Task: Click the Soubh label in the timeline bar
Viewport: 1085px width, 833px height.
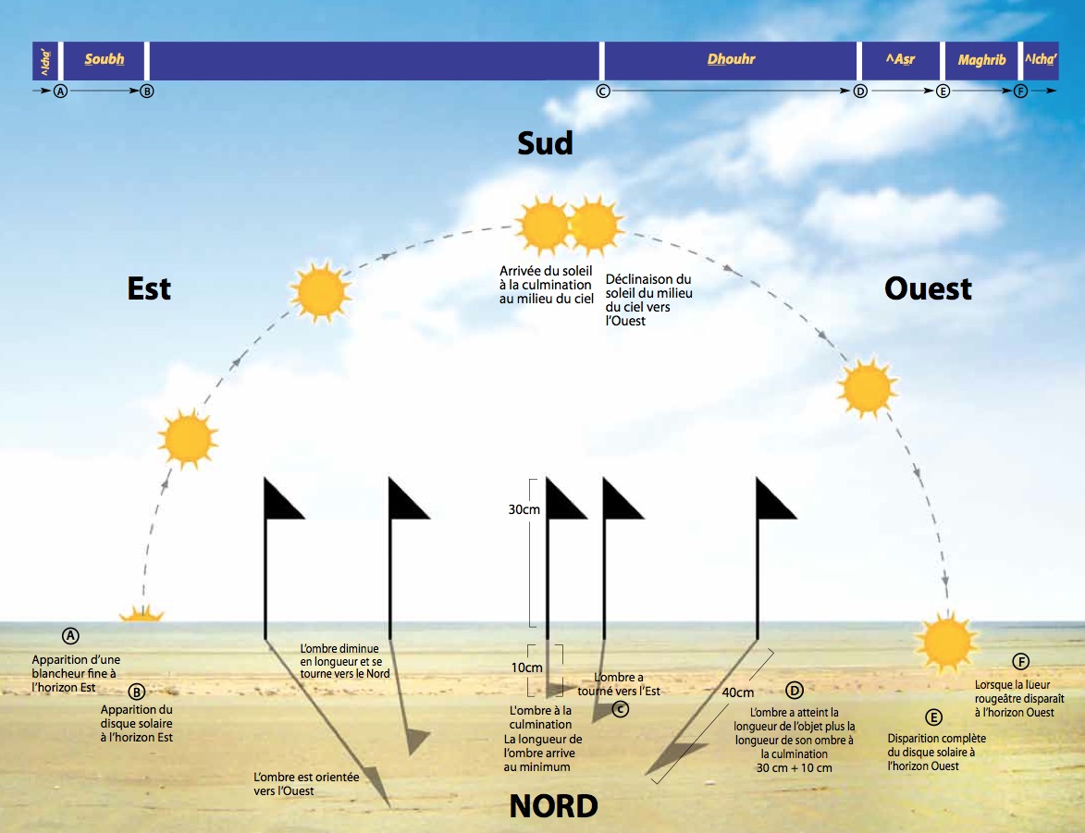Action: (x=104, y=60)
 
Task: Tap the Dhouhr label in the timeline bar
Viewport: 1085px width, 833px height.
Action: (x=731, y=60)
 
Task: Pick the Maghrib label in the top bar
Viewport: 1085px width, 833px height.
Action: (x=981, y=60)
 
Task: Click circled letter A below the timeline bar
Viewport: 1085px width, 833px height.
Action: (x=61, y=92)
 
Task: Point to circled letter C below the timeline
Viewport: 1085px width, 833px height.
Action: (x=603, y=92)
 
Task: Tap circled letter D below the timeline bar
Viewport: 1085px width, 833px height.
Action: (x=860, y=92)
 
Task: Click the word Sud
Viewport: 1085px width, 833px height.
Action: (x=545, y=143)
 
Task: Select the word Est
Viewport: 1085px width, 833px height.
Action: (x=149, y=288)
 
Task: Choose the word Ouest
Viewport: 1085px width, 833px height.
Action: (x=928, y=288)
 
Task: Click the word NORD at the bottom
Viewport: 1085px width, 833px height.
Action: (x=553, y=806)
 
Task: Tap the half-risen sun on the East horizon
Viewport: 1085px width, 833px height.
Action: (x=142, y=613)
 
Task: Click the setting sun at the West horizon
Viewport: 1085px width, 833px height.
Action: (x=945, y=640)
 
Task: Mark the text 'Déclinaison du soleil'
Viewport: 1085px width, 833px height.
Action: (x=648, y=286)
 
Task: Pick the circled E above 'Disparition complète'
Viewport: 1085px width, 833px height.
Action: (x=933, y=717)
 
